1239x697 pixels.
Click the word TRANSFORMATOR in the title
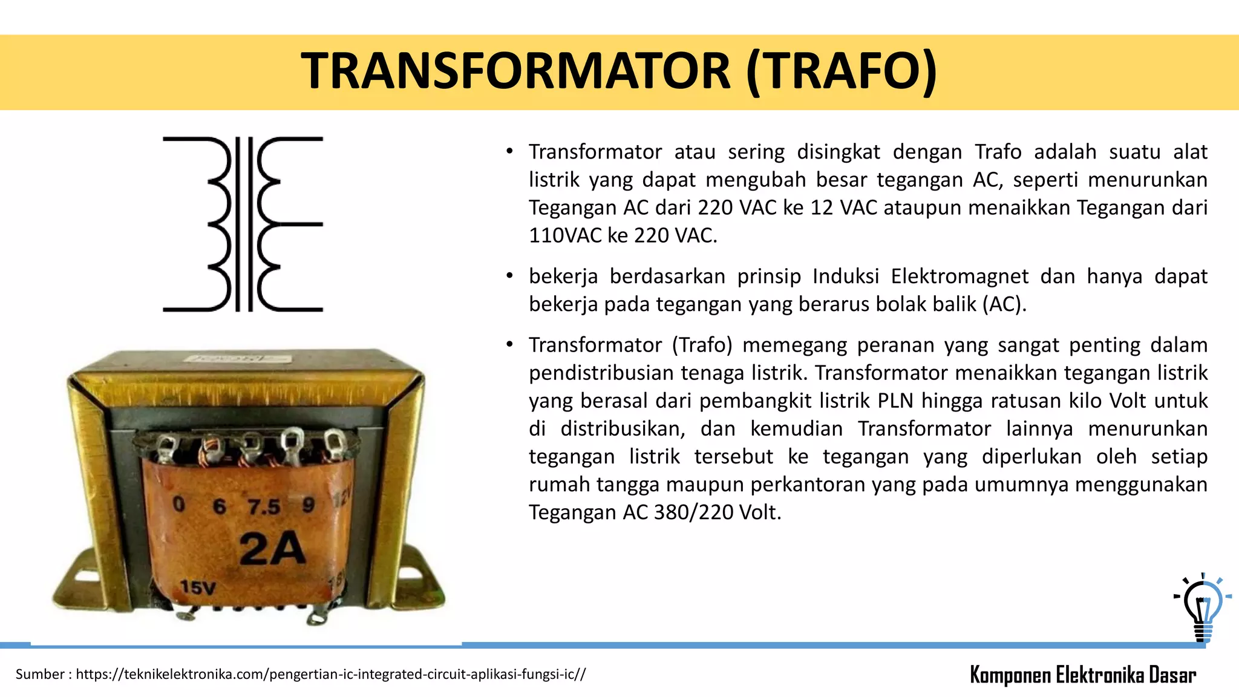pos(517,71)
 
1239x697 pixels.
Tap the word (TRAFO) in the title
pos(842,71)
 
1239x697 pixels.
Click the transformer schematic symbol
pos(243,224)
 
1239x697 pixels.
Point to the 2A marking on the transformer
pos(272,549)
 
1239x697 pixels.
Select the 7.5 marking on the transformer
pos(264,507)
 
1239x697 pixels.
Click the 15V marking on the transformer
pos(198,587)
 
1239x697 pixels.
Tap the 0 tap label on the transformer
pos(178,503)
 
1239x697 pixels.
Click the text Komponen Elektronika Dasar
pos(1083,675)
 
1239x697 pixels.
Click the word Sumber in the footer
pos(40,674)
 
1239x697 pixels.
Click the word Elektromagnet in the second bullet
pos(959,277)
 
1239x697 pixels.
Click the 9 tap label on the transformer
pos(309,505)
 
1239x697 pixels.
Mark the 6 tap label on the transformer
pos(219,506)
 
